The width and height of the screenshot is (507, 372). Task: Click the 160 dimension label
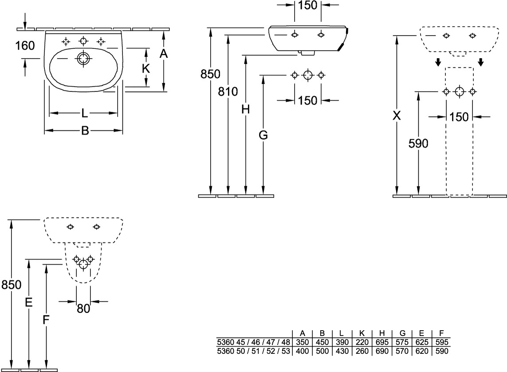click(25, 46)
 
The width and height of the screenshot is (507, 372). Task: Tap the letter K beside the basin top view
click(145, 69)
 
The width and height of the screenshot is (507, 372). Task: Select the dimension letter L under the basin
click(84, 114)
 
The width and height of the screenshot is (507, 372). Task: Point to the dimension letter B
click(84, 131)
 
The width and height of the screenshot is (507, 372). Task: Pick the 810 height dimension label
click(228, 92)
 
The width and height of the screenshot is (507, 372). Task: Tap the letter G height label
click(263, 136)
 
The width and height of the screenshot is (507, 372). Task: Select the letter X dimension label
click(397, 116)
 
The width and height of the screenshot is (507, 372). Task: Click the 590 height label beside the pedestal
click(418, 143)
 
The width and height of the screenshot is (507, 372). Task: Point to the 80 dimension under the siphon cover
click(83, 308)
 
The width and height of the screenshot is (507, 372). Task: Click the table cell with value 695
click(382, 342)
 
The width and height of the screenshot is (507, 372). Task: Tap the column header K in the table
click(362, 333)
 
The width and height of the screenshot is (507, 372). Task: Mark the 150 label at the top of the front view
click(308, 6)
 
